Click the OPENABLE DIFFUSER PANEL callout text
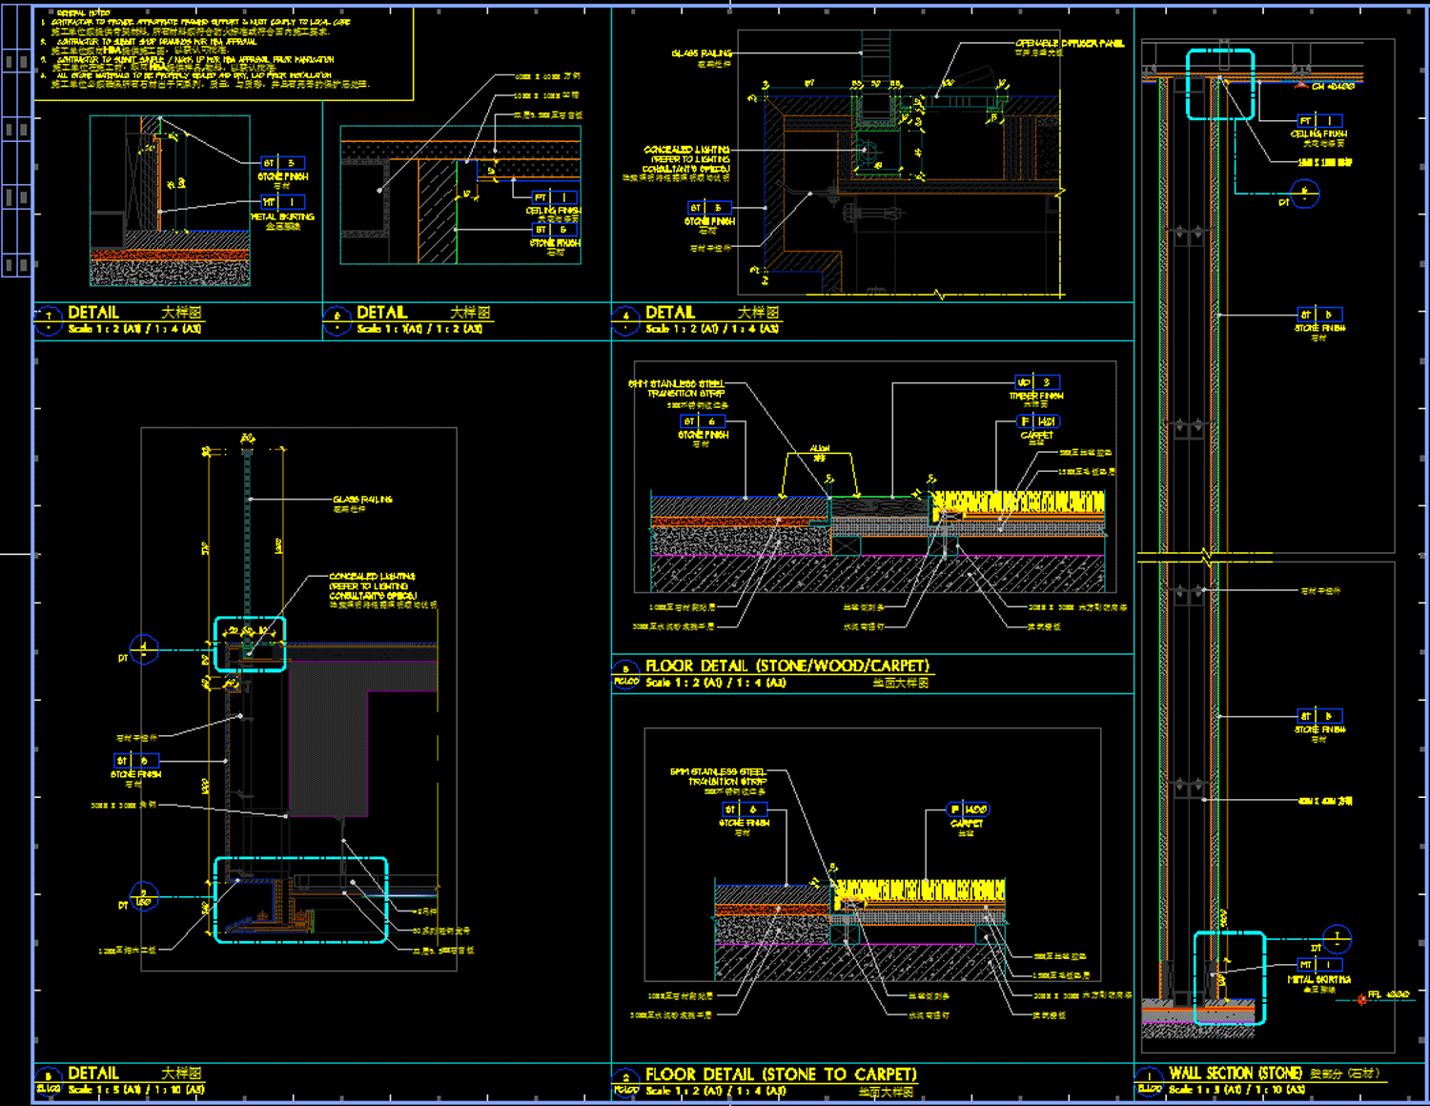point(1069,44)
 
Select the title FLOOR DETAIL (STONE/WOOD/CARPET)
point(786,666)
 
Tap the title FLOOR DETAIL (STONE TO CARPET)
point(781,1075)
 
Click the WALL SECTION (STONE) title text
point(1236,1074)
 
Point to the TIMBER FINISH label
point(1036,396)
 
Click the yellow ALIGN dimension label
point(820,448)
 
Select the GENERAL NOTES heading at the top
point(83,12)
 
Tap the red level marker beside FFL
point(1361,999)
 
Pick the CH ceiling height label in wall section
point(1333,87)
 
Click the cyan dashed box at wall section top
point(1220,85)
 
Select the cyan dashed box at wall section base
point(1230,977)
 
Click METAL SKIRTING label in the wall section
point(1318,979)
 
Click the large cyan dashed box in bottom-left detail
point(300,900)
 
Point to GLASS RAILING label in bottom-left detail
point(362,500)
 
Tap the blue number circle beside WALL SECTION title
point(1149,1075)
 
